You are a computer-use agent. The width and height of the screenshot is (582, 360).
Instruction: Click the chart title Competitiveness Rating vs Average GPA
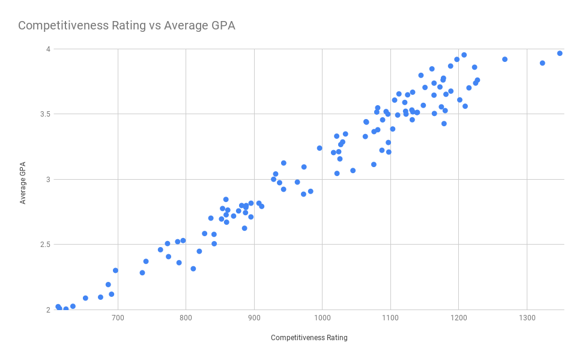point(126,25)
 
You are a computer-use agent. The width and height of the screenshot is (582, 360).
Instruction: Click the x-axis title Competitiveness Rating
point(309,338)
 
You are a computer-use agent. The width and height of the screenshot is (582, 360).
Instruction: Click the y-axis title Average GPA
point(23,179)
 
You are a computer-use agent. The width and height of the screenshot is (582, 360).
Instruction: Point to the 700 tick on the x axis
point(118,317)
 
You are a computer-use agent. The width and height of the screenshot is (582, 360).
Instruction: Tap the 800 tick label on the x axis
point(186,317)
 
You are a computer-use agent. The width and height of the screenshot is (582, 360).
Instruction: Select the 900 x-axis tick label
point(254,317)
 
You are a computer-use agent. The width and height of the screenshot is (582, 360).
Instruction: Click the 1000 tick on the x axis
point(323,317)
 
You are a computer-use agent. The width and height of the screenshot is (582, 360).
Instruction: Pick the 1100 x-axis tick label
point(390,317)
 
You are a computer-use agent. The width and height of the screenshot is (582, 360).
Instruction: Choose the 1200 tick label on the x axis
point(459,317)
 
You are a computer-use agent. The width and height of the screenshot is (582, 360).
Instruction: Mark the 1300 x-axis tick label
point(527,317)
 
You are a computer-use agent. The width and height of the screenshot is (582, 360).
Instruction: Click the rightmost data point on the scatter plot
point(560,53)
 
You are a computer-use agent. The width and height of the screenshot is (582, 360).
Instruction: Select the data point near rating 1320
point(542,63)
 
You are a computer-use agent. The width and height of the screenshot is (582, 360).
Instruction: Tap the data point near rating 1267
point(505,59)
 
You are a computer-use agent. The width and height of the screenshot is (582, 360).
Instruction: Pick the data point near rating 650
point(85,298)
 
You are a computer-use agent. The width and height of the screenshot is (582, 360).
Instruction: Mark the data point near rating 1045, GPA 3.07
point(353,171)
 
